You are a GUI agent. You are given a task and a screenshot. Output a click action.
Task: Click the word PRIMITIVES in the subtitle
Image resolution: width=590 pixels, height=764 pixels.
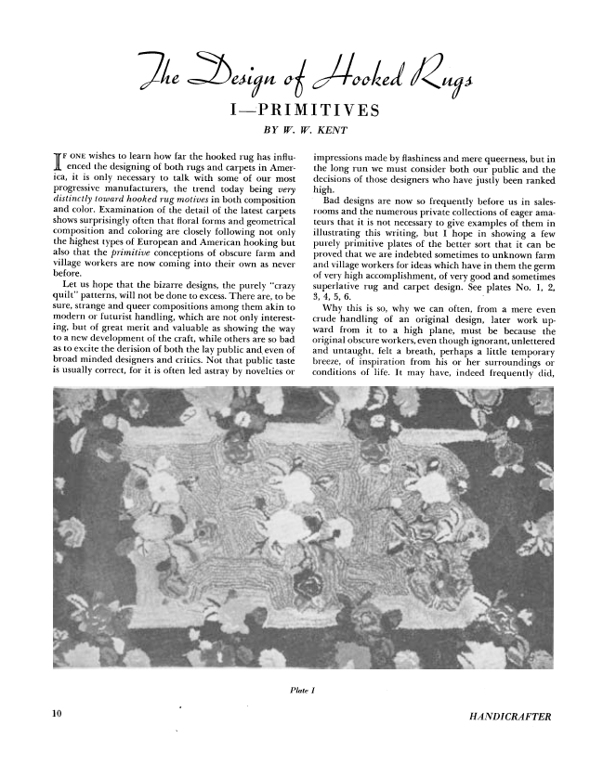316,112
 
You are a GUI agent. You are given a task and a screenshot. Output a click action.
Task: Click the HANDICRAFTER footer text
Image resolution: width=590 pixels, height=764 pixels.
511,717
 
